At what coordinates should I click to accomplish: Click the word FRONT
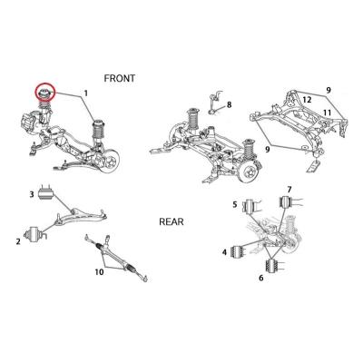point(119,78)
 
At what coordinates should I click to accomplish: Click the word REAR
point(172,221)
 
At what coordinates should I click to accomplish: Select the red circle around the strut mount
point(44,92)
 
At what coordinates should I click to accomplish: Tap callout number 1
point(86,93)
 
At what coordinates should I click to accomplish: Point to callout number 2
point(18,241)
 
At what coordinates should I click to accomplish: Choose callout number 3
point(32,194)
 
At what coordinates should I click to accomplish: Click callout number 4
point(224,252)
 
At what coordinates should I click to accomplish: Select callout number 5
point(235,204)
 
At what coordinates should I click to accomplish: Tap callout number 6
point(261,278)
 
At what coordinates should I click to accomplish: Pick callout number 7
point(289,190)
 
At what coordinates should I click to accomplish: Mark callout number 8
point(230,104)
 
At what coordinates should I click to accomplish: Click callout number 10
point(99,272)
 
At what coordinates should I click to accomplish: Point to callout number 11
point(327,113)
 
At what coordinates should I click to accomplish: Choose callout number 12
point(307,100)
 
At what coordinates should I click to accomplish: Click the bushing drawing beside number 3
point(45,192)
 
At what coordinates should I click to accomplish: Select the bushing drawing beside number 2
point(35,235)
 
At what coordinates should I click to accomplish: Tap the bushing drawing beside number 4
point(237,252)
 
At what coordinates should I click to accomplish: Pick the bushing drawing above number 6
point(273,266)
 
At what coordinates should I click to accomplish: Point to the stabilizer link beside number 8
point(216,103)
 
